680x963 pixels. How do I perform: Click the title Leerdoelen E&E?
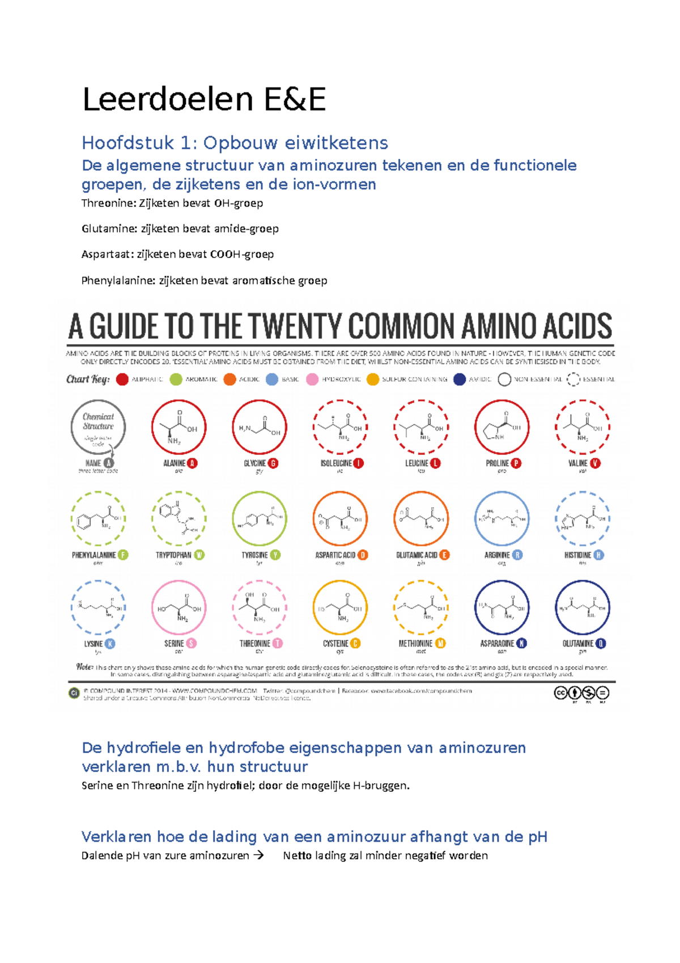[204, 99]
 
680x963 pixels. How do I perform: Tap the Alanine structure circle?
[178, 427]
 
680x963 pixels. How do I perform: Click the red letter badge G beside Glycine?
[273, 463]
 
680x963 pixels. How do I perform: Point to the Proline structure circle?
[501, 427]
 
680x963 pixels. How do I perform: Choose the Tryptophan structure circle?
[178, 518]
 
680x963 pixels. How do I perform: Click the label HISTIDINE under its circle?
[577, 555]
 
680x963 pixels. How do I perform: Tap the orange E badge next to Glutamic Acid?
[444, 555]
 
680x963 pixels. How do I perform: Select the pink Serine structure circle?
[178, 607]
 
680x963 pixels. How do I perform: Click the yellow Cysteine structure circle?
[340, 607]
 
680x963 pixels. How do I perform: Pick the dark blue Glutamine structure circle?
[583, 607]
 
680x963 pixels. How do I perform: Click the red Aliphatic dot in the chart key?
[122, 379]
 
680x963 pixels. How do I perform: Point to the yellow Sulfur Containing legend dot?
[372, 379]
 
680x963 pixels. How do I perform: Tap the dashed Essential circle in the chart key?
[573, 379]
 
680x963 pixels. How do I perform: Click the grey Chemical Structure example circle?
[98, 427]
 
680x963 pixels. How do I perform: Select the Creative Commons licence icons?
[581, 693]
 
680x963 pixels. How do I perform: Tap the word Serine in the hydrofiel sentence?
[97, 785]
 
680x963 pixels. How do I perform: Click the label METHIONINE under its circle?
[415, 644]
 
